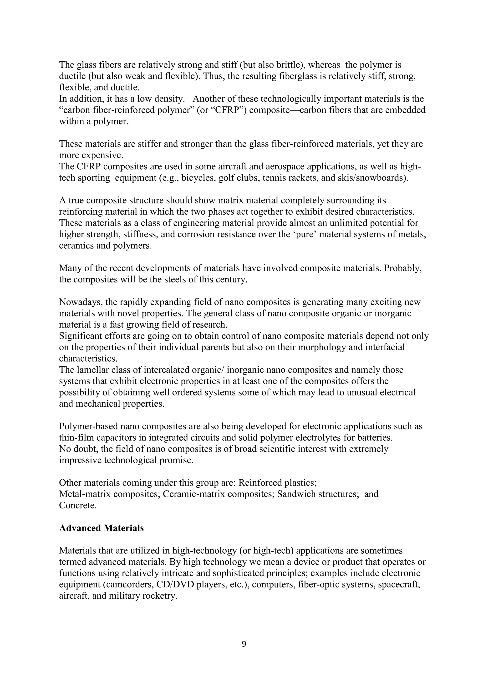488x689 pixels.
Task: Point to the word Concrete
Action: pos(78,505)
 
